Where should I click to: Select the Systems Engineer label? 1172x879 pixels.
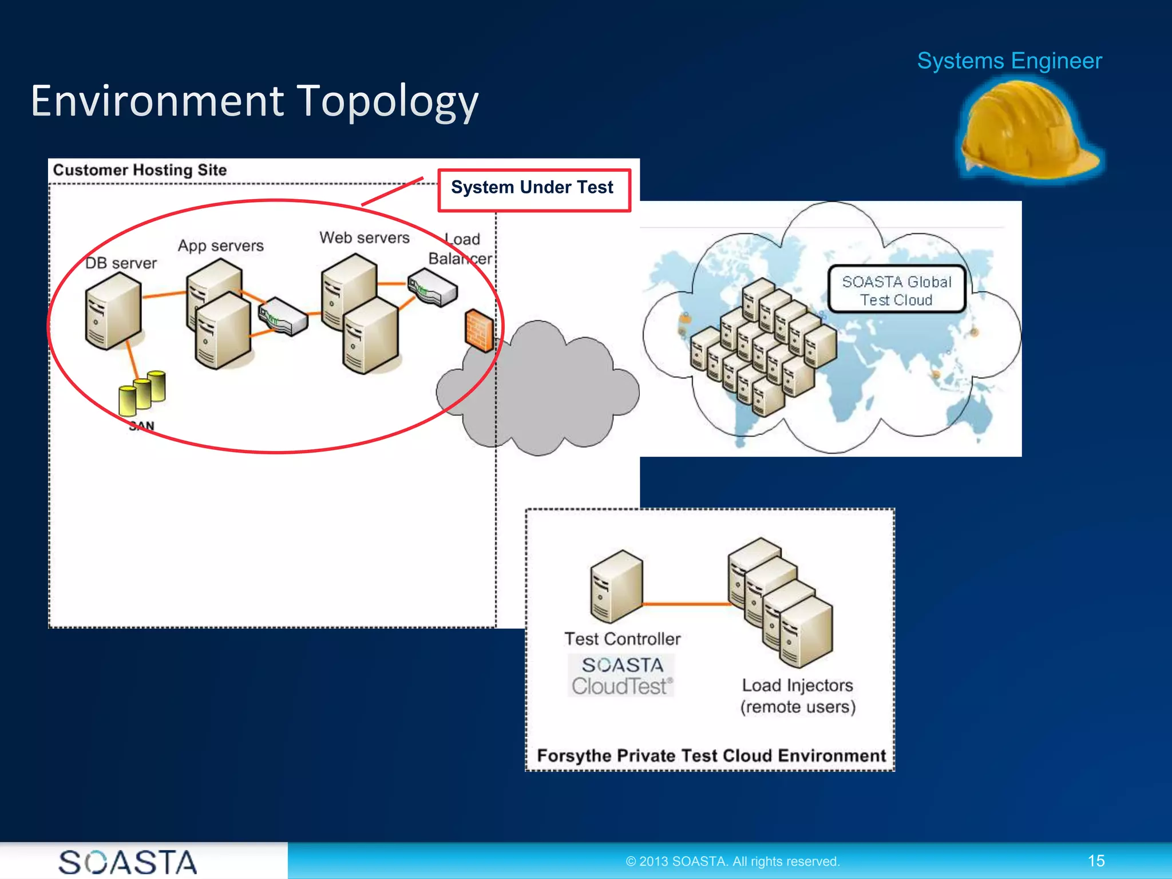1009,61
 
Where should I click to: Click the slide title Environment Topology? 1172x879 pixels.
255,101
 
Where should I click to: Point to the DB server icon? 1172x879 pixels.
112,310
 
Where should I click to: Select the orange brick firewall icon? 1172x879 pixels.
478,330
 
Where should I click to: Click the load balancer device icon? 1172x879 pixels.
433,288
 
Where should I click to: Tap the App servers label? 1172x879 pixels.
220,246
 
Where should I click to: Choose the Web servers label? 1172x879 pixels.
364,237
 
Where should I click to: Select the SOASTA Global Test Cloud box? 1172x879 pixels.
896,290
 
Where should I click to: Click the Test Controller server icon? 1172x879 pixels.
616,586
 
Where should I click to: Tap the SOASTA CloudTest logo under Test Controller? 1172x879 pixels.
621,676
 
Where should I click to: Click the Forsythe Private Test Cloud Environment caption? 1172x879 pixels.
711,755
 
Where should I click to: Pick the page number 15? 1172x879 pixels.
1095,861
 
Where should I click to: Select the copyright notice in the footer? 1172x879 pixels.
732,861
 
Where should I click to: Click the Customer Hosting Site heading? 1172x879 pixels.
140,170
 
